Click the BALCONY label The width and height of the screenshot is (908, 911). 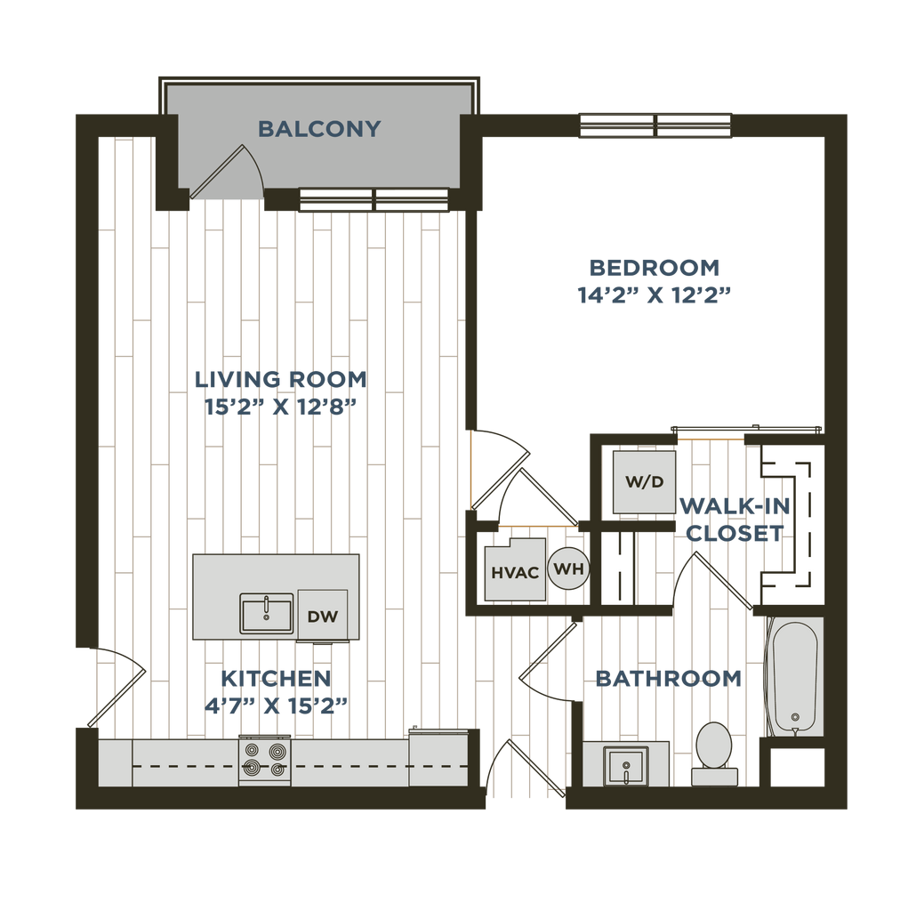[x=319, y=128]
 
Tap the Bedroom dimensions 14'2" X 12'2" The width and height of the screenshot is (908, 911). [x=654, y=295]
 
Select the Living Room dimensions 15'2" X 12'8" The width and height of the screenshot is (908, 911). [x=280, y=407]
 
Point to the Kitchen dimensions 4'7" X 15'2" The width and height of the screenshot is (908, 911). [x=276, y=705]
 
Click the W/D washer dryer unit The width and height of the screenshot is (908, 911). [x=644, y=481]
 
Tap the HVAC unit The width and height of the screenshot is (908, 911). [x=515, y=569]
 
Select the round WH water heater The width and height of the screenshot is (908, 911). [x=569, y=568]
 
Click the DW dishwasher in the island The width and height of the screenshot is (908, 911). [x=323, y=616]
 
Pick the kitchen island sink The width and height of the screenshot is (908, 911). [x=267, y=614]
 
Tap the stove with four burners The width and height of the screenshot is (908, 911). [x=265, y=761]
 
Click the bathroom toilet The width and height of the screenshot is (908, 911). [x=714, y=754]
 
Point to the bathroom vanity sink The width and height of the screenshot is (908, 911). [x=626, y=766]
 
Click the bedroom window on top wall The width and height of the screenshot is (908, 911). [x=655, y=125]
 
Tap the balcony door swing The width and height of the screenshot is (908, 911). [x=227, y=172]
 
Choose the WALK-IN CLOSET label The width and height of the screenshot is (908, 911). [x=735, y=520]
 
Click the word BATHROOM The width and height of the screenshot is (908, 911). [x=668, y=678]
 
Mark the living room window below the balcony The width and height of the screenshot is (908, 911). [x=374, y=200]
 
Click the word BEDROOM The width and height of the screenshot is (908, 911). [x=655, y=268]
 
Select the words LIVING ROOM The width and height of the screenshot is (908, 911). [x=281, y=379]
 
